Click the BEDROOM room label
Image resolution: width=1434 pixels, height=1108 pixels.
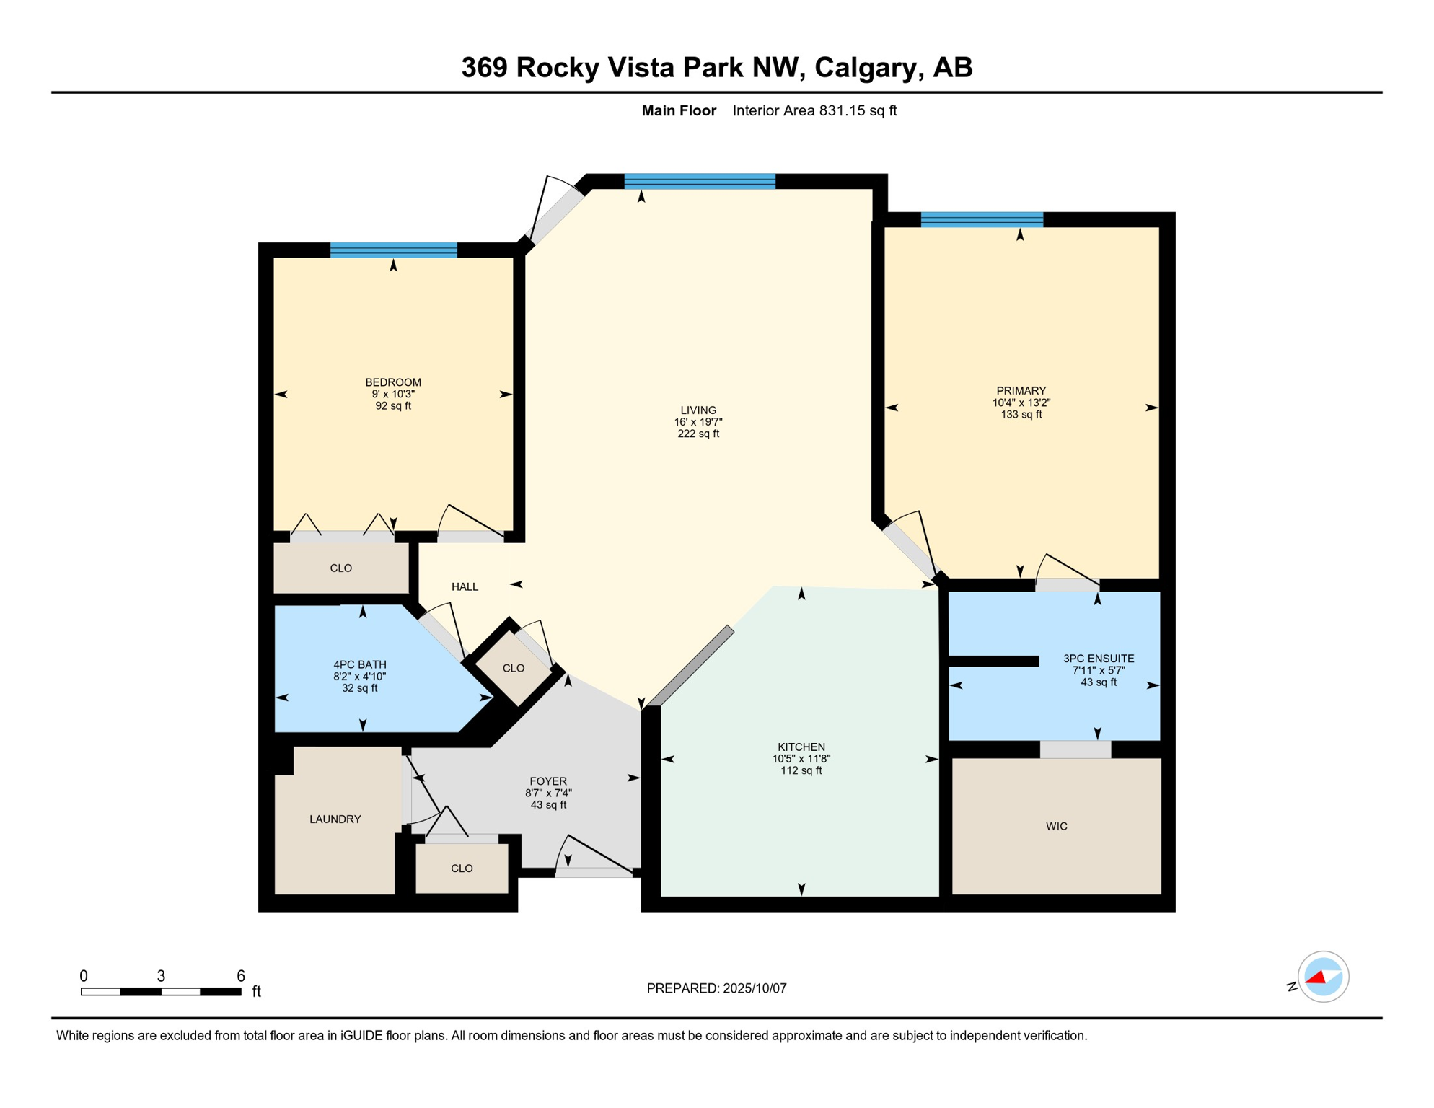pos(393,382)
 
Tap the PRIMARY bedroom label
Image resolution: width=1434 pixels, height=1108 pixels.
pos(1021,391)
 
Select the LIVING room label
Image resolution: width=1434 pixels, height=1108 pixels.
pos(698,410)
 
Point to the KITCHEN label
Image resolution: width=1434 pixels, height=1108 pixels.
pos(801,747)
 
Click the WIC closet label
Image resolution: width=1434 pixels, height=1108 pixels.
pos(1057,827)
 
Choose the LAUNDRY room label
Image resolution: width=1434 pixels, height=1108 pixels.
pos(335,819)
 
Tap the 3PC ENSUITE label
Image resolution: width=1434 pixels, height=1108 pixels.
pos(1099,659)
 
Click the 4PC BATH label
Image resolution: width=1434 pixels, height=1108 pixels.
pos(360,665)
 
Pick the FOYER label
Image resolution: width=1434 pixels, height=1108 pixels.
pos(548,781)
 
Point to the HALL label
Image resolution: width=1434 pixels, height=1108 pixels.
pos(465,587)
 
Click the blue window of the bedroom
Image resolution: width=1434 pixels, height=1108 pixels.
pos(394,250)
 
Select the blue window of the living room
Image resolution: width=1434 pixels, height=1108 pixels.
pos(700,181)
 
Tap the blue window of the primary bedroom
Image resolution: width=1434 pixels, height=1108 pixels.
pos(982,219)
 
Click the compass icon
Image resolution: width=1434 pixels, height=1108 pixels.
pos(1323,977)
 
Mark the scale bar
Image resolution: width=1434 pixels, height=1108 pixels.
pos(161,992)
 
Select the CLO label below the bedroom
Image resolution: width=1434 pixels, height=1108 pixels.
pos(341,568)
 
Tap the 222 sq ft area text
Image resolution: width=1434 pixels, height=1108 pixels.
pos(698,434)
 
